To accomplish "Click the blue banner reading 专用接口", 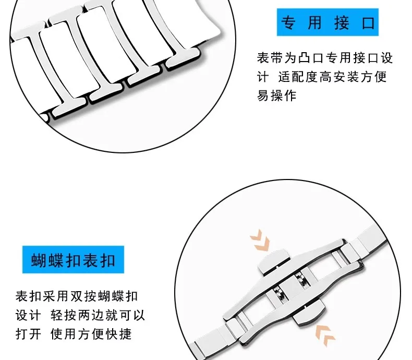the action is click(x=328, y=22).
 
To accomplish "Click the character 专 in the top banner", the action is click(x=288, y=22).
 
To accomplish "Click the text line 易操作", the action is click(x=276, y=96).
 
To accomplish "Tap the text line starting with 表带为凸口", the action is click(x=324, y=57).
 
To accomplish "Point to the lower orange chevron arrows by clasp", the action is click(x=325, y=332).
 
